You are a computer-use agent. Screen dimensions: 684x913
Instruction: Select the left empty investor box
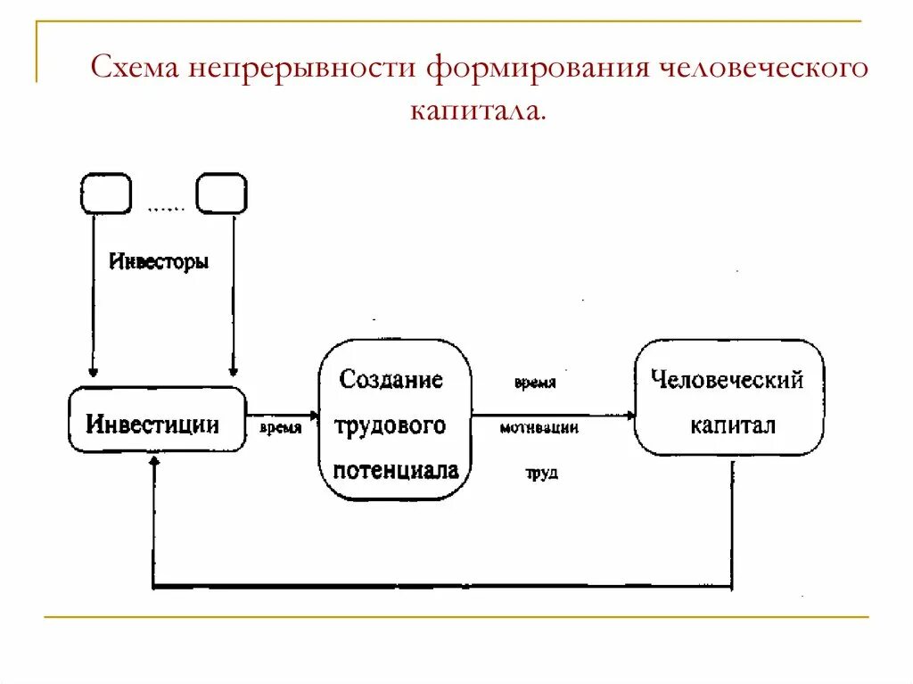pos(105,194)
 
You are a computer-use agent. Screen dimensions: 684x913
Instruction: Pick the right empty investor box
pos(221,194)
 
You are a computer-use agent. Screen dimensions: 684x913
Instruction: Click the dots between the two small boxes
pos(165,209)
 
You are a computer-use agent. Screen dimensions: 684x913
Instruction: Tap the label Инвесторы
pos(159,262)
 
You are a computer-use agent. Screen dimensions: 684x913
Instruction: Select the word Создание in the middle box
pos(391,380)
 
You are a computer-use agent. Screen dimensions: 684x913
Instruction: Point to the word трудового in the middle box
pos(391,425)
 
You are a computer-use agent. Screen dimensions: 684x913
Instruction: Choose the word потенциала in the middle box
pos(396,470)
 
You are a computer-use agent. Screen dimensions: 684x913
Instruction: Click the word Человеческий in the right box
pos(728,380)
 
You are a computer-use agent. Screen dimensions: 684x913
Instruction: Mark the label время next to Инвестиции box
pos(280,428)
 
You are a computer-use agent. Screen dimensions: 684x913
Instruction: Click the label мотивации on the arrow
pos(539,428)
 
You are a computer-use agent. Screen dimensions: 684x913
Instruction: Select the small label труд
pos(541,474)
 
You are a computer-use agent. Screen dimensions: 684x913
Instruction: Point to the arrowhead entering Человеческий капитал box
pos(631,415)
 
